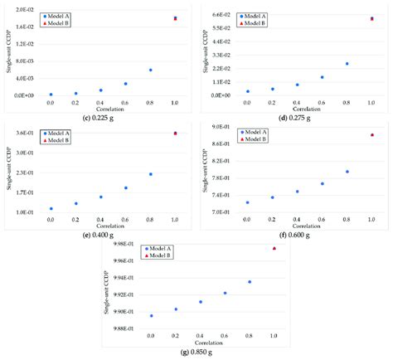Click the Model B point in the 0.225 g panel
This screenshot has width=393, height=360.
[x=175, y=18]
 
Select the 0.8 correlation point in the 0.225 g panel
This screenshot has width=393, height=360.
[x=150, y=71]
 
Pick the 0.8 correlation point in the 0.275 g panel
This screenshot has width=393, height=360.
[x=347, y=64]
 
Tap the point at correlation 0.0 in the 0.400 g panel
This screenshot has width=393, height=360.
[x=51, y=209]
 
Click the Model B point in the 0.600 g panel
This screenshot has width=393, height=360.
[x=371, y=134]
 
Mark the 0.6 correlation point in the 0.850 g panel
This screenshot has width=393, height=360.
[x=225, y=293]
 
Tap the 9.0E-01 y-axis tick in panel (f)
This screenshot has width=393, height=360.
[x=219, y=127]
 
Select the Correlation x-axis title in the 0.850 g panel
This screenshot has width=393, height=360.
[x=212, y=343]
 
